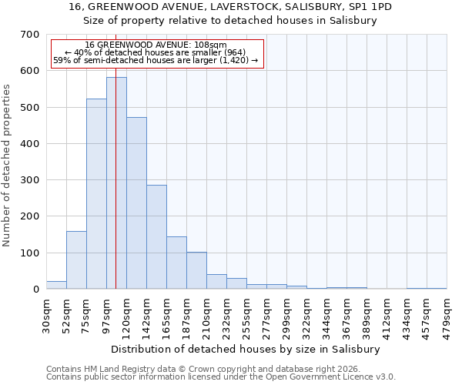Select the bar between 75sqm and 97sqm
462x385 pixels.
coord(96,194)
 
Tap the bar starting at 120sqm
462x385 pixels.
coord(136,203)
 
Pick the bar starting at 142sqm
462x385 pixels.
coord(156,237)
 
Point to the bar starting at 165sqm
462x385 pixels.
coord(176,263)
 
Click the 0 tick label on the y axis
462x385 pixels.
coord(36,290)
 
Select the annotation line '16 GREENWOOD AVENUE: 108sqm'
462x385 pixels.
coord(156,45)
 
